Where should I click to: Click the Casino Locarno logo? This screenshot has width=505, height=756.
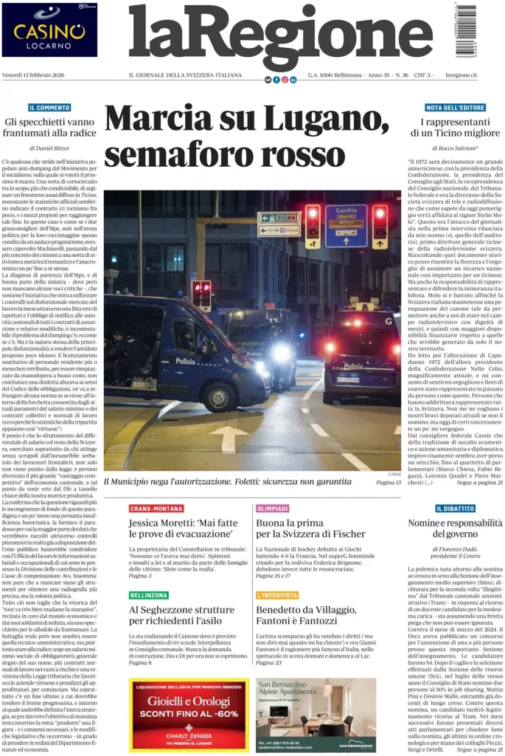click(x=49, y=30)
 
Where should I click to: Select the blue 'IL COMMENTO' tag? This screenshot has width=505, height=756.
click(x=49, y=108)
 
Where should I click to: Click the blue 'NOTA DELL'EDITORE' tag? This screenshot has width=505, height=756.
click(x=455, y=108)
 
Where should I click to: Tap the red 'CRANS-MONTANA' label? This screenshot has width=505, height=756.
click(x=156, y=509)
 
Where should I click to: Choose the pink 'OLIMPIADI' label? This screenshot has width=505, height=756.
click(x=273, y=509)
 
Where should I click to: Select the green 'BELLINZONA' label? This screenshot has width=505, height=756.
click(x=149, y=595)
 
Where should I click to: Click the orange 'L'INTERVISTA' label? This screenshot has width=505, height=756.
click(x=278, y=595)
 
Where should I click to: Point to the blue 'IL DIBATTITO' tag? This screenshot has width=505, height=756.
click(x=455, y=509)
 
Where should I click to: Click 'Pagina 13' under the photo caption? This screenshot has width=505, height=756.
click(x=388, y=482)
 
